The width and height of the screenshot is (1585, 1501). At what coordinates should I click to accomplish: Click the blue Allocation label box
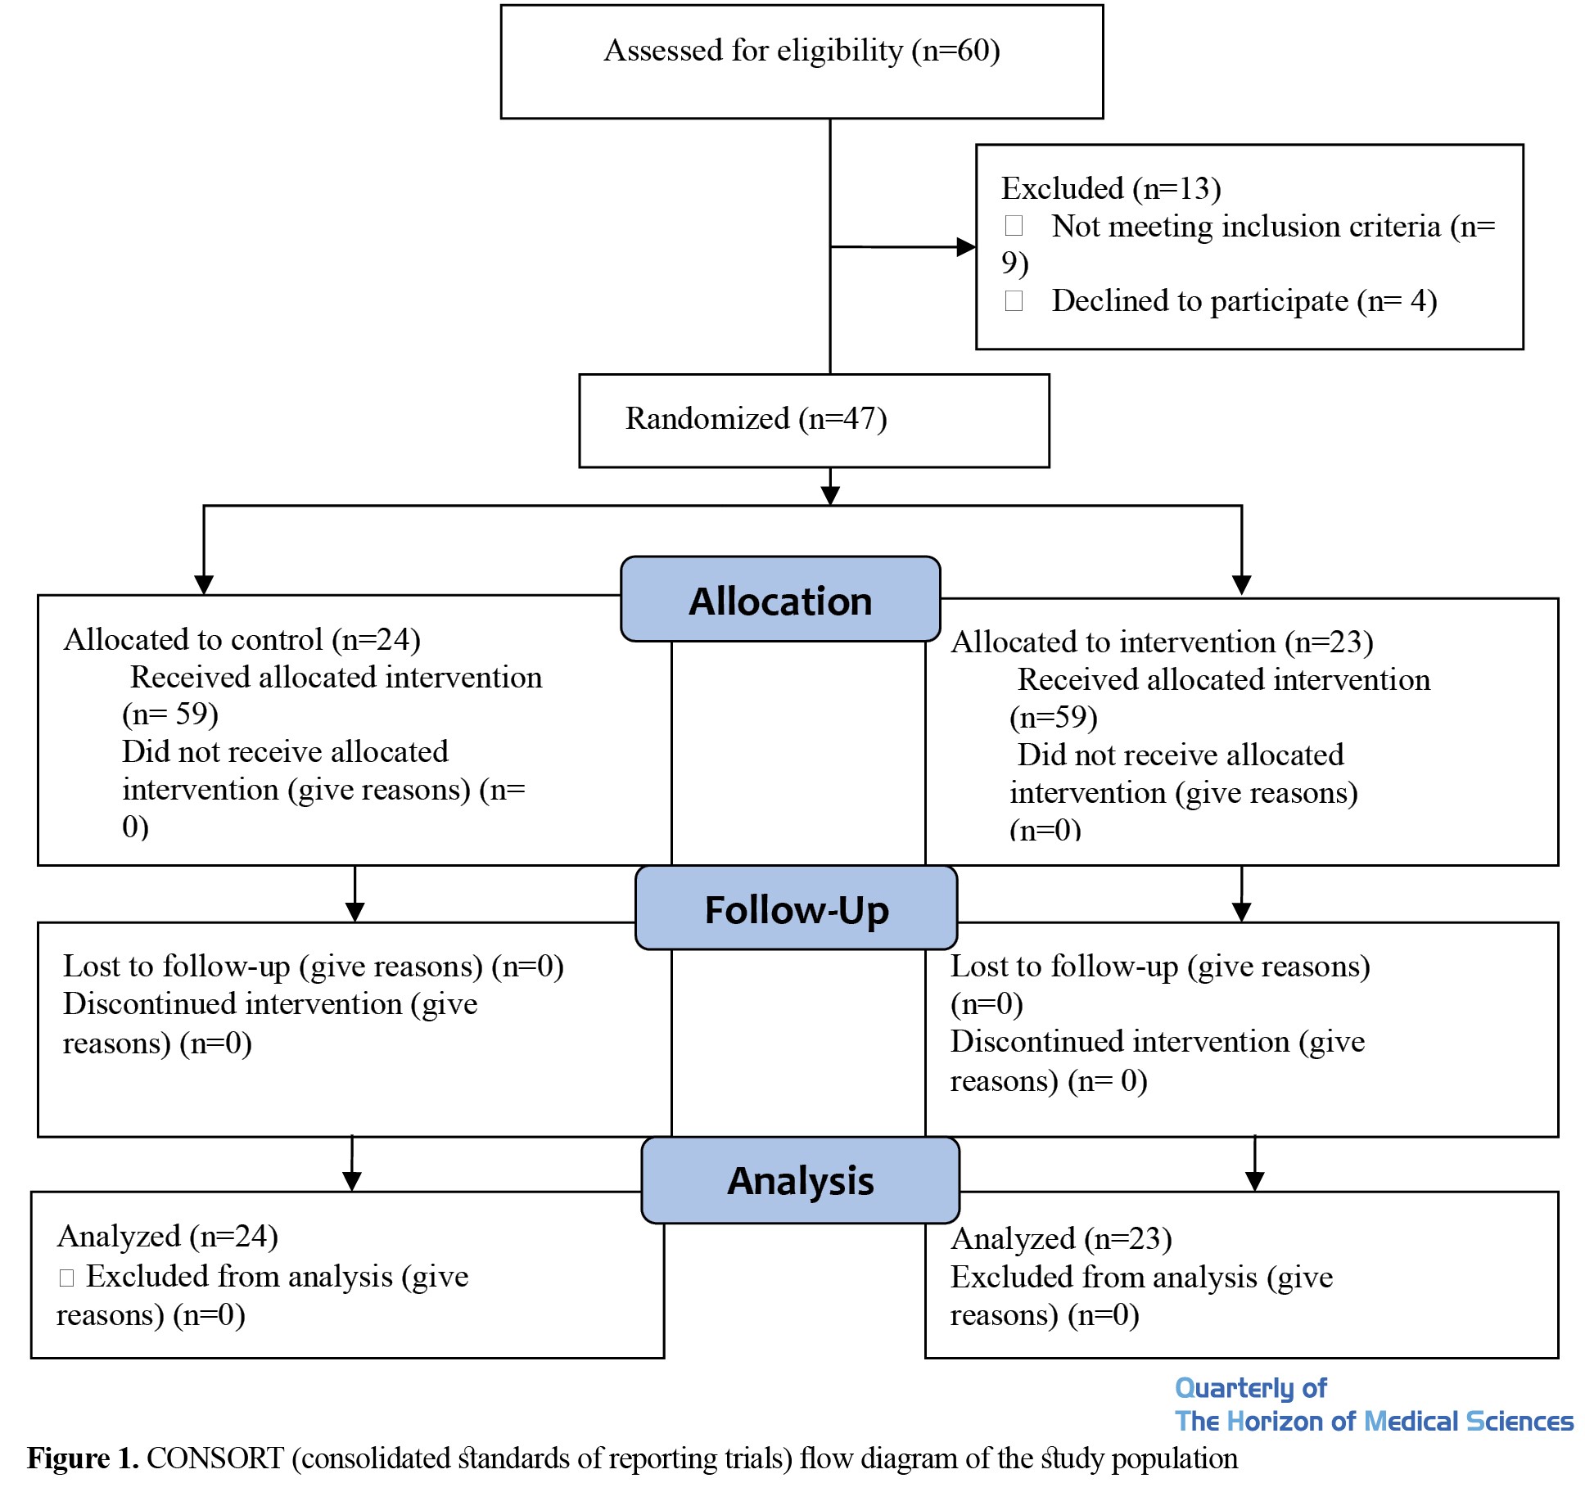(x=780, y=599)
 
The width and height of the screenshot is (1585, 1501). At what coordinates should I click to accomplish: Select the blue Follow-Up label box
(x=796, y=908)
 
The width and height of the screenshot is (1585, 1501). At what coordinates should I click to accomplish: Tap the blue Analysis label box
(x=800, y=1180)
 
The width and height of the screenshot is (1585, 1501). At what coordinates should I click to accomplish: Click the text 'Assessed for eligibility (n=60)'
(x=802, y=51)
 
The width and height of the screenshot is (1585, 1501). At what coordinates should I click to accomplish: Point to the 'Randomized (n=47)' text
(x=756, y=419)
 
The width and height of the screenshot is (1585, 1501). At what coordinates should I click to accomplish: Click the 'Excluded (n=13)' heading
(x=1111, y=189)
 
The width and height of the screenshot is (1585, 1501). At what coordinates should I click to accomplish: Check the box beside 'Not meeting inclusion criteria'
(x=1014, y=225)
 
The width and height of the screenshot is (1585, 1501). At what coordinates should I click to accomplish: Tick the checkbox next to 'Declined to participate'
(x=1014, y=300)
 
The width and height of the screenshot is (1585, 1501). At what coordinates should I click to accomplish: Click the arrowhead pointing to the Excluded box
(x=966, y=246)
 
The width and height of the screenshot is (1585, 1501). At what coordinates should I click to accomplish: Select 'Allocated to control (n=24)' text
(x=242, y=640)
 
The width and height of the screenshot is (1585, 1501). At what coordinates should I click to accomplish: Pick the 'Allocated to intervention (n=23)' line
(x=1162, y=642)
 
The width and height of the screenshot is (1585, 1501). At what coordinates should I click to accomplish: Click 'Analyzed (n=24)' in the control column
(x=168, y=1237)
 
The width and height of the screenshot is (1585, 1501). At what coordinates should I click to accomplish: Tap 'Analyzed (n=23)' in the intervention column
(x=1061, y=1239)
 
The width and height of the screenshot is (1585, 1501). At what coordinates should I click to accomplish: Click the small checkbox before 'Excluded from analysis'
(x=67, y=1278)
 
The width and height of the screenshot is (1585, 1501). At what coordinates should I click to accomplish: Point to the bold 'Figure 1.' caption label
(x=83, y=1458)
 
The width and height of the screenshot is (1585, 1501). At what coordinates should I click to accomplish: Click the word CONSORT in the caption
(x=215, y=1458)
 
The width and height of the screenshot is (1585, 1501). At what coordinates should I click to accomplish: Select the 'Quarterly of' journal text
(x=1250, y=1387)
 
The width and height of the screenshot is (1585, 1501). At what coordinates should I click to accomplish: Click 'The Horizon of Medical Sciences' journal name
(x=1374, y=1421)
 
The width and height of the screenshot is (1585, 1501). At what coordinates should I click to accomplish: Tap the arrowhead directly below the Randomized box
(x=830, y=495)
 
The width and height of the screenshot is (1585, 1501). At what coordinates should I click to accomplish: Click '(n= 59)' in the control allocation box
(x=170, y=714)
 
